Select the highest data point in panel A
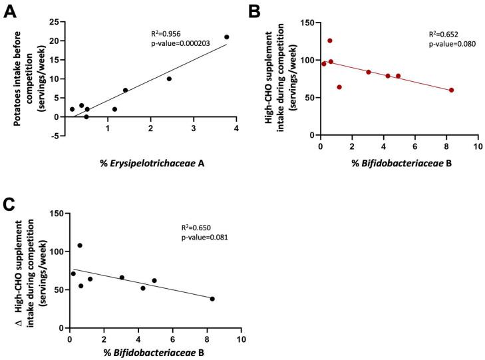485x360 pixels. tap(227, 37)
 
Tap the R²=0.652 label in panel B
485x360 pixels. tap(444, 34)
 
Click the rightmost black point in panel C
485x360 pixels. tap(212, 299)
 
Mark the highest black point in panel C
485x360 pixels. tap(80, 246)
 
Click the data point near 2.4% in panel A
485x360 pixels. tap(169, 79)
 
